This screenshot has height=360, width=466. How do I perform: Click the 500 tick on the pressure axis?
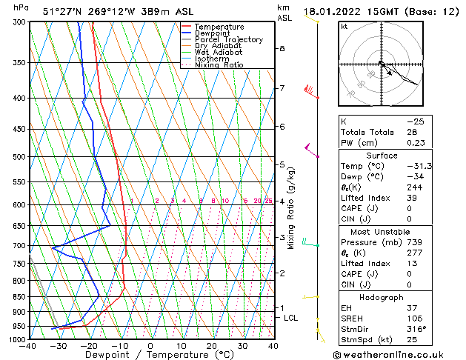click(x=20, y=157)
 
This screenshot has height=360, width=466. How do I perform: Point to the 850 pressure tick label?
click(x=20, y=297)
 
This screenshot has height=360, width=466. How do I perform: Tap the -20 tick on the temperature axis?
click(x=89, y=346)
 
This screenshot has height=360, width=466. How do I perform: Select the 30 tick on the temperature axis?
click(x=242, y=346)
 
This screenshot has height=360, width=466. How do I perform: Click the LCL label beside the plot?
click(x=291, y=318)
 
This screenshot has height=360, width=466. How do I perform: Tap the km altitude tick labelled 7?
click(x=282, y=89)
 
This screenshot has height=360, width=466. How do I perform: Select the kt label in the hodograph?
click(x=344, y=27)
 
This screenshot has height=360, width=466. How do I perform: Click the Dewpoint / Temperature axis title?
click(x=151, y=356)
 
